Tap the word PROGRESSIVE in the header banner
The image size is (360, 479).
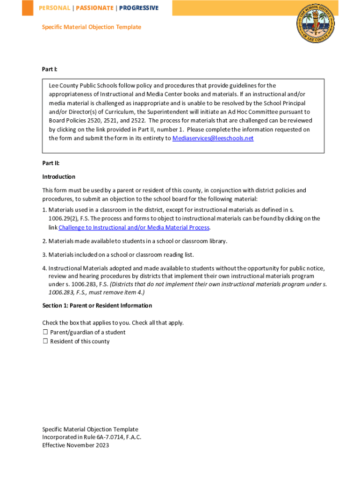(x=138, y=8)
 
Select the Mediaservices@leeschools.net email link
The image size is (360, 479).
(x=213, y=138)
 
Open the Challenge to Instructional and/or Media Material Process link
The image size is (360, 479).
(x=134, y=227)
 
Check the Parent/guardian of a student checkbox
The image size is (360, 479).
(x=45, y=332)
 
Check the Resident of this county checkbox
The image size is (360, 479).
(x=45, y=341)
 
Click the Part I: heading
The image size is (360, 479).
(x=50, y=69)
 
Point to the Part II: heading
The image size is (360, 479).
(x=50, y=163)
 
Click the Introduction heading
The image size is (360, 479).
(x=58, y=177)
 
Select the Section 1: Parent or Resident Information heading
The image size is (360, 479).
(x=97, y=305)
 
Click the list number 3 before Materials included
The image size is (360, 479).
(x=44, y=254)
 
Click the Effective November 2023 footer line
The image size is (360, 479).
(x=75, y=445)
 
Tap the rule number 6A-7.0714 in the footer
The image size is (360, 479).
(x=103, y=437)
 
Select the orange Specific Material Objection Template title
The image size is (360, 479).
(x=91, y=27)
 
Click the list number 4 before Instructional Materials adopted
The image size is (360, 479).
(x=44, y=268)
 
